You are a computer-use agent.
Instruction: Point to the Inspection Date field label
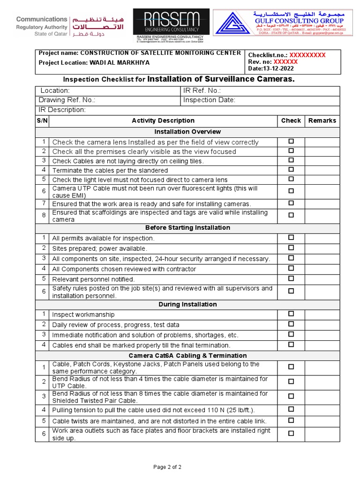(209, 100)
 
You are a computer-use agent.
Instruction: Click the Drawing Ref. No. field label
(67, 100)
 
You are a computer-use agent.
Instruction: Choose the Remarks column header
(322, 120)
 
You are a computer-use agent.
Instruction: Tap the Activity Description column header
(163, 120)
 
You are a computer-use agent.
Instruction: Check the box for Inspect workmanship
(291, 314)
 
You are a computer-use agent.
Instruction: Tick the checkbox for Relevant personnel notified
(291, 278)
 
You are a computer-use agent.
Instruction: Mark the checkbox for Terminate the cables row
(291, 170)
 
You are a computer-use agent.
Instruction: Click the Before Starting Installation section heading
(187, 228)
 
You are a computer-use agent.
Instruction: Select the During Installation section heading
(187, 305)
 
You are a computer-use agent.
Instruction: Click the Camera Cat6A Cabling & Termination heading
(187, 355)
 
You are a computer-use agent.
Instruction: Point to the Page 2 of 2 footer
(168, 467)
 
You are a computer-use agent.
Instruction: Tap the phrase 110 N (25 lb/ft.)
(227, 411)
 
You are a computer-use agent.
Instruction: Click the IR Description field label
(62, 110)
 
